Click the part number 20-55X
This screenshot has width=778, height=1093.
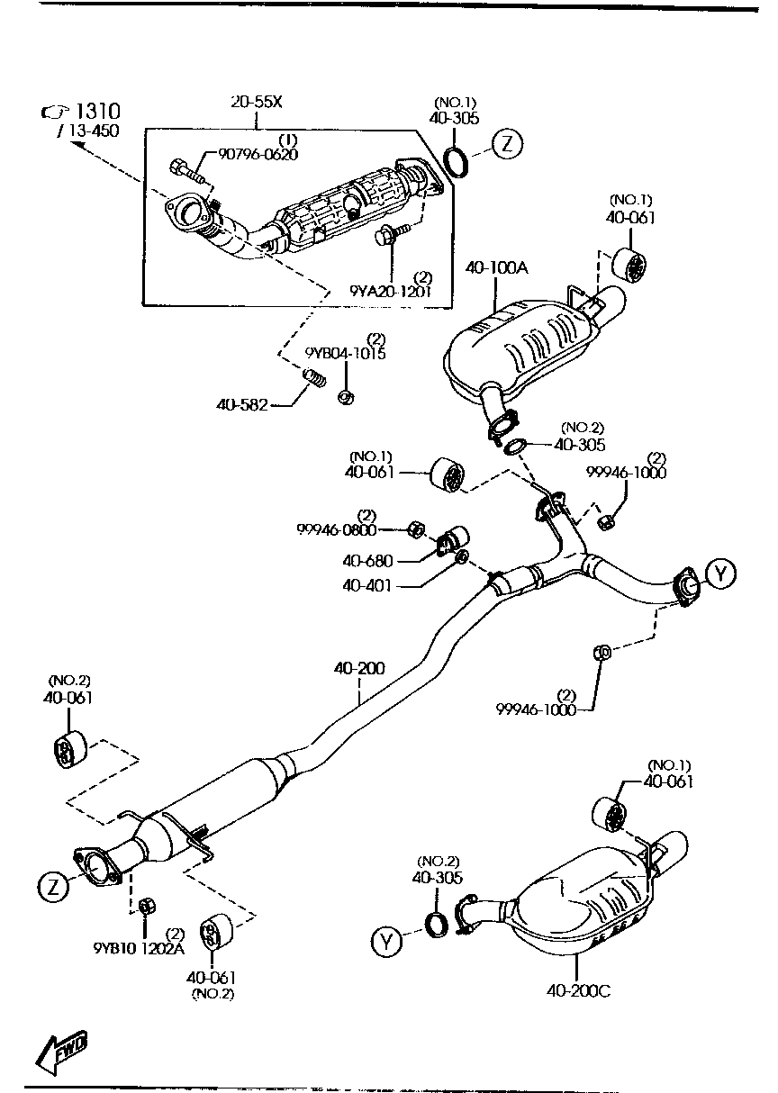click(x=257, y=102)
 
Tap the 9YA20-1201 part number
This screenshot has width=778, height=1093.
click(x=391, y=291)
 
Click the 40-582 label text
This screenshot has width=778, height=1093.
click(x=241, y=405)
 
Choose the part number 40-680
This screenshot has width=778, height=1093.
click(x=367, y=560)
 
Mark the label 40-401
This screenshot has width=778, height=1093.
click(x=367, y=584)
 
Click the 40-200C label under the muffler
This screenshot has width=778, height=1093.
click(x=577, y=991)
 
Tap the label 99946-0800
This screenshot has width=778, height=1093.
click(x=337, y=530)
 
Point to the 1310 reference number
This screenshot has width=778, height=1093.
click(x=96, y=112)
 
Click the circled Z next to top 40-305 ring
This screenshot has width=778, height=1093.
click(x=508, y=144)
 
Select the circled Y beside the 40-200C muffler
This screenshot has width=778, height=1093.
click(x=385, y=942)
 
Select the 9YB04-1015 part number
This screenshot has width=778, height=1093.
click(x=346, y=353)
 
